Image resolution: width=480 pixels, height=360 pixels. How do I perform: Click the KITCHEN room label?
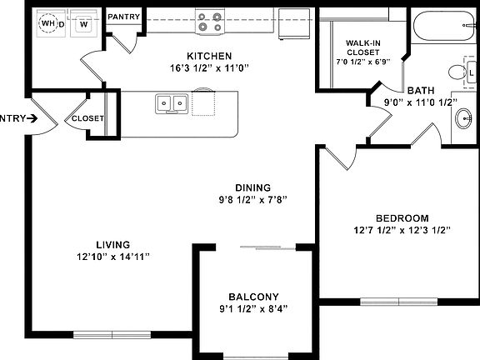(209, 56)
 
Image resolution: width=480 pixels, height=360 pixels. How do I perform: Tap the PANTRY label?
(123, 17)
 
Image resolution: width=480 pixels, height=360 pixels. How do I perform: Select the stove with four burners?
(210, 22)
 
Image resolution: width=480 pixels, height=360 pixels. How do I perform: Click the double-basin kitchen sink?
(172, 104)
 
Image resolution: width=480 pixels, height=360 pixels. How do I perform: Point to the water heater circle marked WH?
(48, 23)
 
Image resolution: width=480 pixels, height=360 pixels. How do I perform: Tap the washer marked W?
(83, 23)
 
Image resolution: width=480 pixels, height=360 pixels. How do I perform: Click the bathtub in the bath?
(444, 26)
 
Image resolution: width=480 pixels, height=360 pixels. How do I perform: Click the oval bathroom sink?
(464, 118)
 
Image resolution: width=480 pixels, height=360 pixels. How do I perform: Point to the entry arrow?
(32, 118)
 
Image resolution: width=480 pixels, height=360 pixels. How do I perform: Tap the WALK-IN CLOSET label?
(363, 47)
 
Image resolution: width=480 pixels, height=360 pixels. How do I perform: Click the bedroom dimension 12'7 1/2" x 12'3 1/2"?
(402, 230)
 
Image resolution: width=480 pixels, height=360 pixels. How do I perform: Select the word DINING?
(252, 187)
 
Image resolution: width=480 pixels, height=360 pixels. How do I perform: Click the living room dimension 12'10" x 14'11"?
(113, 257)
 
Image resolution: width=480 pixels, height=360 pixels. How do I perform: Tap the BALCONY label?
(254, 297)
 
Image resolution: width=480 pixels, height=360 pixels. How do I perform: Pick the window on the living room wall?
(112, 335)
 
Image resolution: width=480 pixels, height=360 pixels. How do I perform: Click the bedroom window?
(399, 302)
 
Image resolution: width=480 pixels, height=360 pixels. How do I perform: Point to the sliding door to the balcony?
(267, 247)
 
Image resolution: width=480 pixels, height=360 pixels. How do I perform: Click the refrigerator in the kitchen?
(294, 24)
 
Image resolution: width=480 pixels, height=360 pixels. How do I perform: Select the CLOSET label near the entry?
(87, 118)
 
